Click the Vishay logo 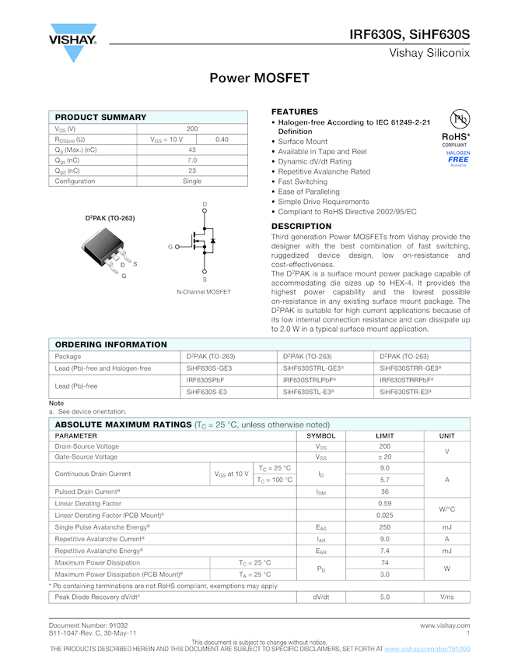click(73, 42)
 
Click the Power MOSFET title click(260, 79)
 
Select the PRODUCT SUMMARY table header click(96, 117)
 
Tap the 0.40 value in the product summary click(222, 139)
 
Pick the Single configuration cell click(192, 181)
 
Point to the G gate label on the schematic click(170, 246)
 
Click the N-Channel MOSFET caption click(204, 292)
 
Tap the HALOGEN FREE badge click(459, 158)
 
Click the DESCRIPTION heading click(301, 227)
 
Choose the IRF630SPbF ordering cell click(205, 380)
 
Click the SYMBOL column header click(321, 436)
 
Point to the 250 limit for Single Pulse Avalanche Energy click(384, 527)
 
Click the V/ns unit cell click(446, 597)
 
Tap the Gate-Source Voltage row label click(86, 457)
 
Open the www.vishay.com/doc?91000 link click(427, 649)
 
